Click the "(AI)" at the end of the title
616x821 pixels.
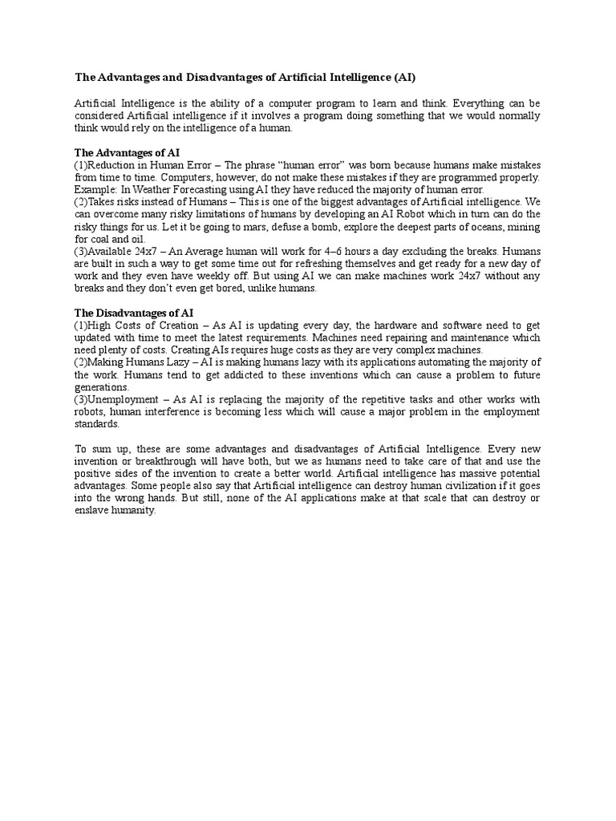pyautogui.click(x=403, y=78)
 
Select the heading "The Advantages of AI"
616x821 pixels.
pyautogui.click(x=127, y=152)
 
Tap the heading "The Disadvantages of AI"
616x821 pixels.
pyautogui.click(x=134, y=312)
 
